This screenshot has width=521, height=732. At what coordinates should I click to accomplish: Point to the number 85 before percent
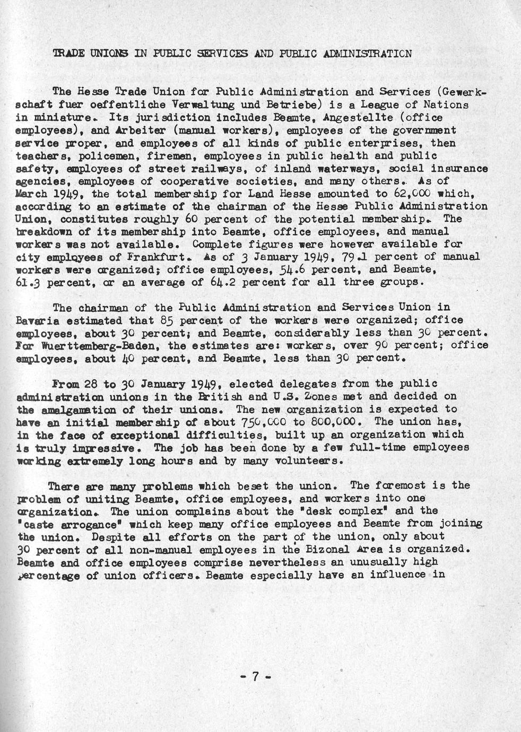(167, 320)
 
